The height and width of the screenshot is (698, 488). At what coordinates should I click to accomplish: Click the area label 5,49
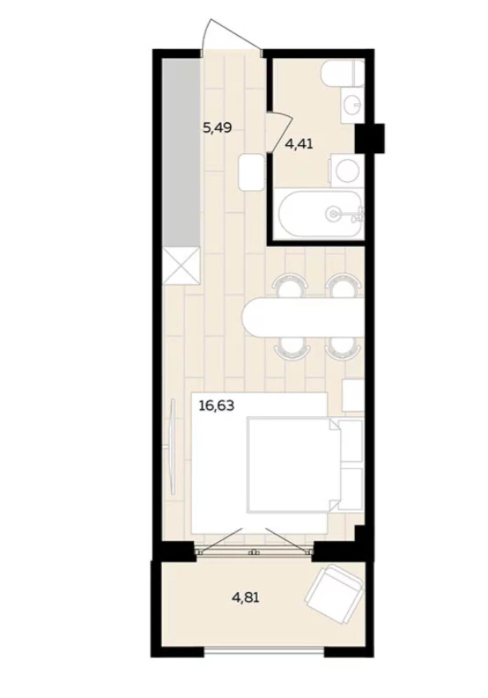(217, 128)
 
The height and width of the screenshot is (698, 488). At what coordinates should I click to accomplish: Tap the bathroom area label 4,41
(299, 144)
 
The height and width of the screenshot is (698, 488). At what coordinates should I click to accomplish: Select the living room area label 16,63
(216, 405)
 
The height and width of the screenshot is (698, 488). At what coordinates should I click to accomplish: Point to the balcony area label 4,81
(245, 598)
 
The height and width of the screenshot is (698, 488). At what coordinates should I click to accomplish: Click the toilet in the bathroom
(343, 73)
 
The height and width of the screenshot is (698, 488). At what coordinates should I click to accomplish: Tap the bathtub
(320, 213)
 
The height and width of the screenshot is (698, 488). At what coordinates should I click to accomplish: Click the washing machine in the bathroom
(345, 170)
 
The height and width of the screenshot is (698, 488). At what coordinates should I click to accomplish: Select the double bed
(294, 465)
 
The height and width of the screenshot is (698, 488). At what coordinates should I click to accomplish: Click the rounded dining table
(303, 317)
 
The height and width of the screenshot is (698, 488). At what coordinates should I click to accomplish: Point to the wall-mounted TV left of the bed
(173, 446)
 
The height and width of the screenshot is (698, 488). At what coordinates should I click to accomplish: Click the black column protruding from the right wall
(369, 138)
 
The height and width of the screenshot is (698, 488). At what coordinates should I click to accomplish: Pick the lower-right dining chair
(343, 349)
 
